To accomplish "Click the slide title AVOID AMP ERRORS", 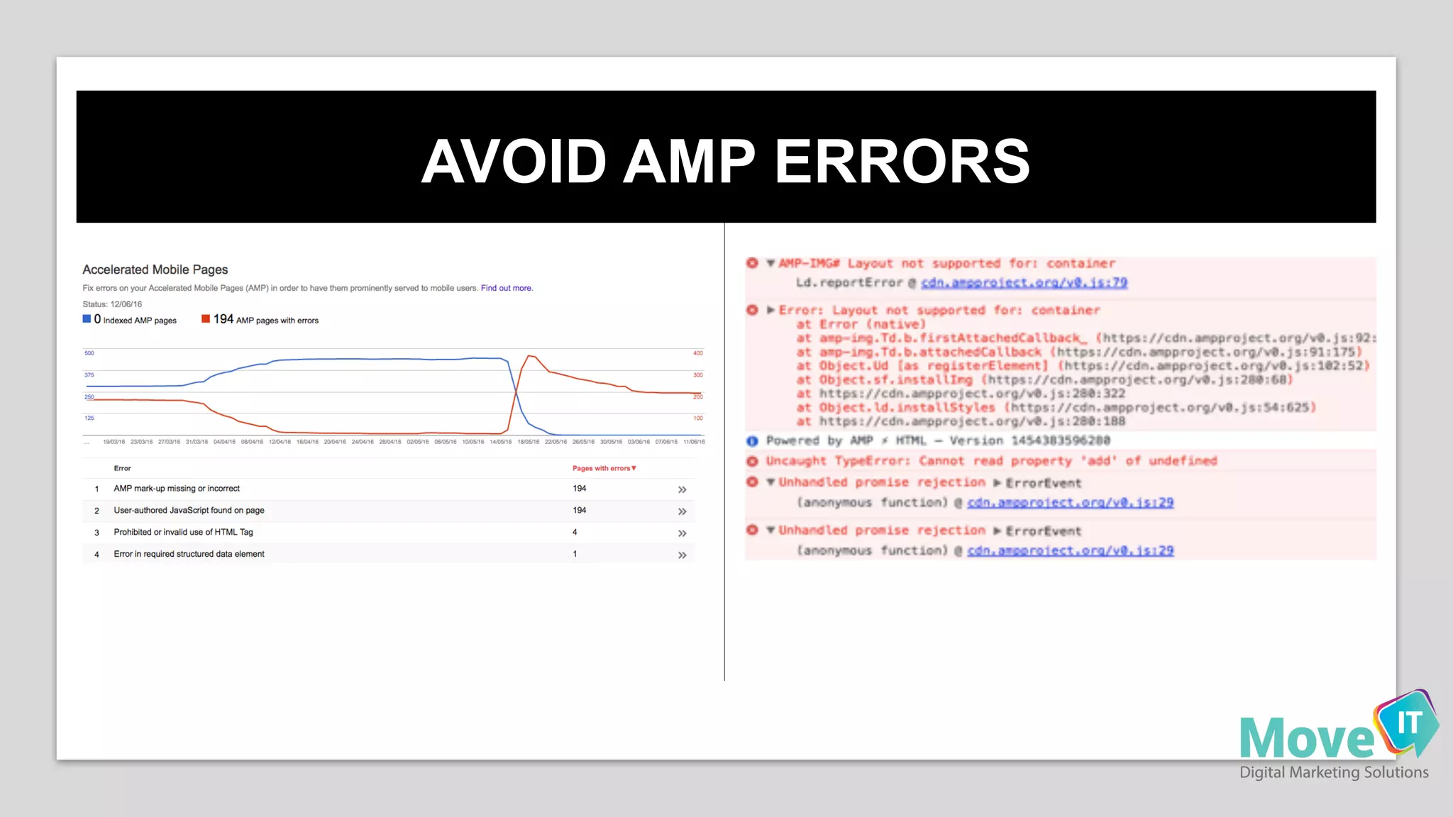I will [725, 161].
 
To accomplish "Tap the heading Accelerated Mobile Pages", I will [155, 269].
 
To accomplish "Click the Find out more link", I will [506, 288].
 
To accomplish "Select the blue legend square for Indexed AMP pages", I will [87, 319].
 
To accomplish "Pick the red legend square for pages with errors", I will [206, 319].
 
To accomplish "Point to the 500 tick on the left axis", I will [89, 353].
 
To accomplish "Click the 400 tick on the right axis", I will [698, 353].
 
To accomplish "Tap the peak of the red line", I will [531, 356].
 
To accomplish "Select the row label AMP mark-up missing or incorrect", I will [177, 489].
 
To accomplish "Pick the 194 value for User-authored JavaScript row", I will [580, 511].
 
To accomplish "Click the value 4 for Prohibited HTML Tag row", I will [575, 532].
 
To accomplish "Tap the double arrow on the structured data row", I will [682, 555].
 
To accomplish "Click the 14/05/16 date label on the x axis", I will [500, 442].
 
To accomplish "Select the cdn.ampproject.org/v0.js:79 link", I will [1024, 282].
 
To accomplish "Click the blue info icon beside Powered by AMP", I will [752, 441].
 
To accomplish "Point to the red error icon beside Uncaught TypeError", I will [752, 461].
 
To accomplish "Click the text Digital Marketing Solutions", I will [1334, 772].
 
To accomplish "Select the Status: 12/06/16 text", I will [112, 304].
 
